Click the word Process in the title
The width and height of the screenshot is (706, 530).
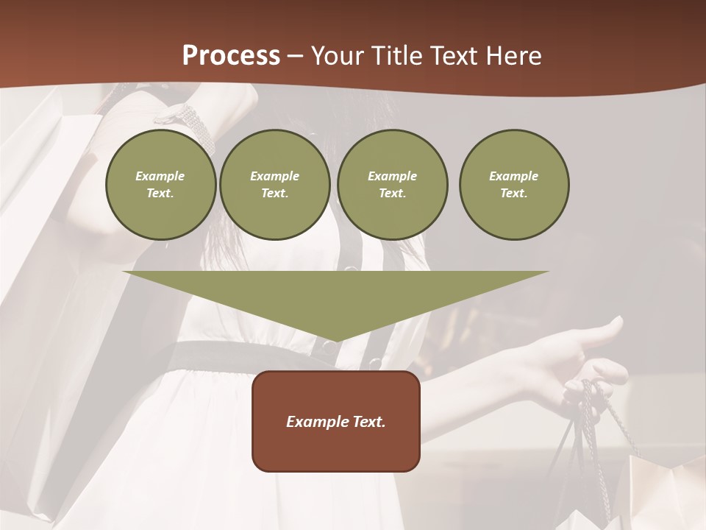[231, 56]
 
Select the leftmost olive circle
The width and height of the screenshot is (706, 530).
[160, 185]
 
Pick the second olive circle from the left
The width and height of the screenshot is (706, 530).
[274, 185]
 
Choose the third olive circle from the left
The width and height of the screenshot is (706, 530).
[392, 185]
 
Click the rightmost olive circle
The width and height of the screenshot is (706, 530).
[513, 185]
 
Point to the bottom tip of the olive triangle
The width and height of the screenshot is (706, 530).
[335, 340]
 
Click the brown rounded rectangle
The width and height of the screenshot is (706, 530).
[335, 442]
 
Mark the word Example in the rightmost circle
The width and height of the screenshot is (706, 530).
[513, 176]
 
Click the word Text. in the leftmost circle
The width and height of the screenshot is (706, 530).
[160, 194]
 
